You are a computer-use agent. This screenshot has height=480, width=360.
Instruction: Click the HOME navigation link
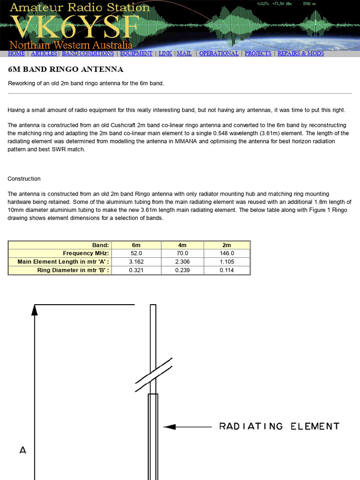(x=16, y=53)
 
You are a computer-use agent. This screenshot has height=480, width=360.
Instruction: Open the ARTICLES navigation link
(x=44, y=53)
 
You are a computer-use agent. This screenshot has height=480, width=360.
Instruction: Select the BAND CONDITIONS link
(x=88, y=53)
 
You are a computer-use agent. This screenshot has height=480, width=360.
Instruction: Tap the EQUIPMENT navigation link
(x=136, y=53)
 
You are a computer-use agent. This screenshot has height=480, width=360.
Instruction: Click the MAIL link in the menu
(x=184, y=53)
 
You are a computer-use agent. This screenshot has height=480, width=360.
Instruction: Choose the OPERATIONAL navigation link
(x=219, y=53)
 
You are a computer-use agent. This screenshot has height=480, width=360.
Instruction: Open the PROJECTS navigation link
(x=258, y=53)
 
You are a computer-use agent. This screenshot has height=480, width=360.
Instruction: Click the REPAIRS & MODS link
(x=300, y=53)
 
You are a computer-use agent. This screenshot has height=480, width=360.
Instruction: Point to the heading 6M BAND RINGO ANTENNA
(x=66, y=69)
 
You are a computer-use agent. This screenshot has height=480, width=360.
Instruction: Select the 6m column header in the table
(x=136, y=245)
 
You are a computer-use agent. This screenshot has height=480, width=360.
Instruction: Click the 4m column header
(x=182, y=245)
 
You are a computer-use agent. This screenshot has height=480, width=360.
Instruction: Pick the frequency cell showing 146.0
(x=227, y=254)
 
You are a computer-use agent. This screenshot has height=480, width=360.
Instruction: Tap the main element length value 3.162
(x=136, y=262)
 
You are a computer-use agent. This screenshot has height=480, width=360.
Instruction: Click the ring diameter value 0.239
(x=182, y=270)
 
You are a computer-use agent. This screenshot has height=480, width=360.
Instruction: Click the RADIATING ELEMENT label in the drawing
(x=279, y=426)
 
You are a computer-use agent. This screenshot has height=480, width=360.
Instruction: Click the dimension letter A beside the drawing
(x=22, y=450)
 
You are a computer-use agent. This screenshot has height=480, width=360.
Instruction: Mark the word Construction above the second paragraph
(x=24, y=179)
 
